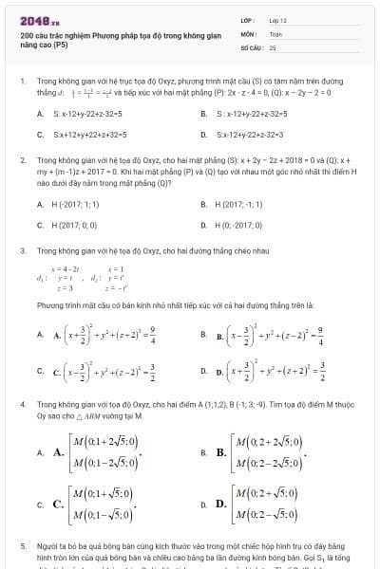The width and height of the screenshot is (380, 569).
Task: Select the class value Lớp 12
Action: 277,20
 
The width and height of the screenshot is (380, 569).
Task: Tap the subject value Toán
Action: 275,32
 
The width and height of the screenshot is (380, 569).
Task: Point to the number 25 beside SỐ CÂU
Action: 273,46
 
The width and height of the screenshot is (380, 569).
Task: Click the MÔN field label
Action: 248,32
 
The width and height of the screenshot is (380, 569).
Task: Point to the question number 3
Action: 22,250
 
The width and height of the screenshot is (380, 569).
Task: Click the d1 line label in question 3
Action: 41,278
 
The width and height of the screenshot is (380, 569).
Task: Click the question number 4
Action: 22,404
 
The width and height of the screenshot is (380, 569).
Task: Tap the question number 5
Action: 22,547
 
